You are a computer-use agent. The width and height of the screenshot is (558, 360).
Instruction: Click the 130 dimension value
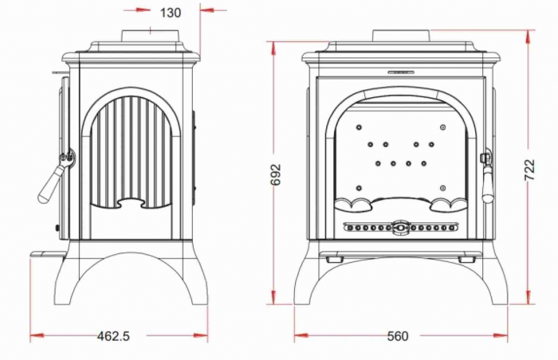tap(171, 12)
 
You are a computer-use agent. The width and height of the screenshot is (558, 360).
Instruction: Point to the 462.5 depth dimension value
tap(113, 336)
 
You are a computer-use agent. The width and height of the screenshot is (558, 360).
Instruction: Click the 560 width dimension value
tap(397, 336)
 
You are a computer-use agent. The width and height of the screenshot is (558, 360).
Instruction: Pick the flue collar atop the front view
tap(402, 36)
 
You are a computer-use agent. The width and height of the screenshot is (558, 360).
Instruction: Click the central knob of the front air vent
tap(400, 228)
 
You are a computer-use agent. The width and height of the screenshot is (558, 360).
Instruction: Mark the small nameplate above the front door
tap(401, 72)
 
